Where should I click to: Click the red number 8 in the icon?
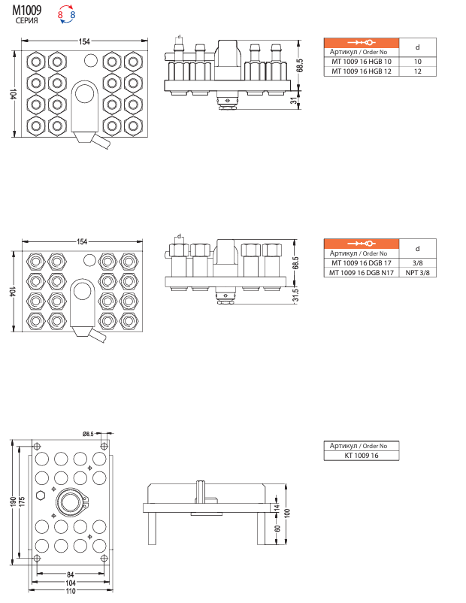point(60,14)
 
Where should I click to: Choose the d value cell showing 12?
point(418,71)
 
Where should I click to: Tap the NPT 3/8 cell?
point(418,273)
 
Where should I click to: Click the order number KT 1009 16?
point(362,456)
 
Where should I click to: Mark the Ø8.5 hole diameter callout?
point(88,434)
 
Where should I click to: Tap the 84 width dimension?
point(70,575)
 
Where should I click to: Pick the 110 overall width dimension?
point(71,592)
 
